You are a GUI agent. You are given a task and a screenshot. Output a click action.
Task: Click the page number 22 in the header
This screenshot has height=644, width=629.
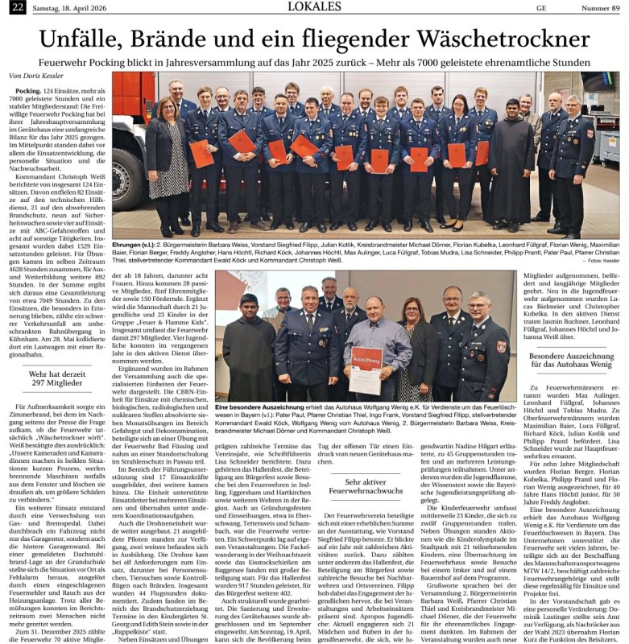tap(15, 7)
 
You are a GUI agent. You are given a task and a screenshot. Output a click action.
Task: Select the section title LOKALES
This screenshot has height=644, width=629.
tap(314, 8)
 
